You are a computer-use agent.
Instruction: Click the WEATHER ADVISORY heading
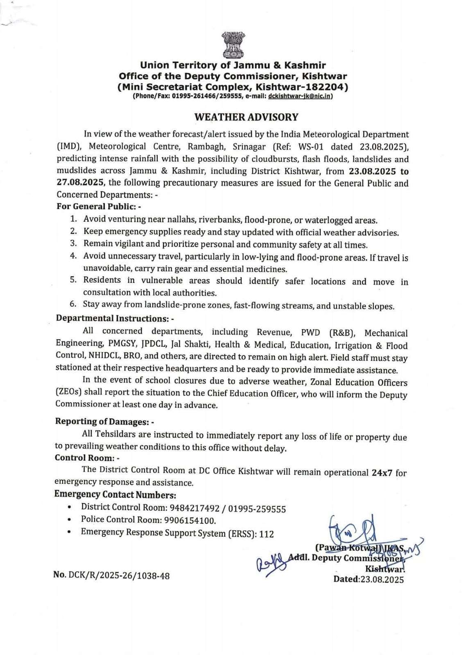click(x=246, y=117)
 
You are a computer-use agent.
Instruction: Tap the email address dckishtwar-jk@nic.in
click(x=300, y=96)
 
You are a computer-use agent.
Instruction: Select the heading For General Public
click(x=99, y=207)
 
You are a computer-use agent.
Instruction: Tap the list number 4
click(x=73, y=256)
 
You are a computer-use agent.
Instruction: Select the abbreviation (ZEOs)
click(x=68, y=392)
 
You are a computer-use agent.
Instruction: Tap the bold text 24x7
click(x=382, y=472)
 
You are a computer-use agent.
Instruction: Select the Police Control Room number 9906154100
click(x=190, y=520)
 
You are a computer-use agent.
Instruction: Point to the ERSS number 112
click(x=266, y=534)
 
